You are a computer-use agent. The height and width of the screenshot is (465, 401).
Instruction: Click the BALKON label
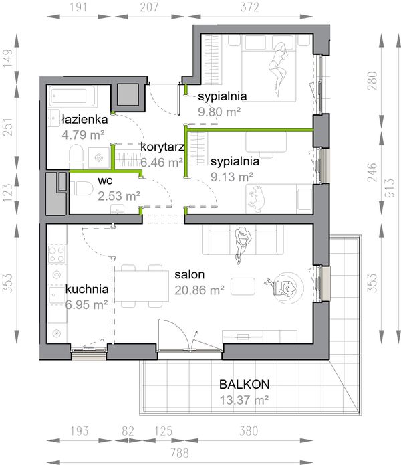245,384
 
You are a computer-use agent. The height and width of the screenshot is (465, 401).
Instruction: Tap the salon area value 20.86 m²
199,290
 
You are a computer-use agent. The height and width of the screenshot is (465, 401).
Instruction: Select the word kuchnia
87,289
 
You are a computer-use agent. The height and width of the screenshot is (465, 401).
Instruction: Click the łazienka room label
85,120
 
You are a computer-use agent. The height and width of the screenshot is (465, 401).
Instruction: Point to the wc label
105,181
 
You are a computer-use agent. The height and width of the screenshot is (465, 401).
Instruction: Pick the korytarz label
162,147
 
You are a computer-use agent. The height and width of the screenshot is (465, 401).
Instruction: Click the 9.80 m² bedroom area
219,112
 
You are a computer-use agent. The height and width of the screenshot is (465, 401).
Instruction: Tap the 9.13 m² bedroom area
232,177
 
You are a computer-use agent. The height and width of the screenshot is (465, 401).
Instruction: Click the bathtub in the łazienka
72,96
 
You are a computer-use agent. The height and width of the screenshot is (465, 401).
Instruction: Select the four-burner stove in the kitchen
57,254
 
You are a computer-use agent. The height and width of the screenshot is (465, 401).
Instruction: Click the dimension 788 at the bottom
180,453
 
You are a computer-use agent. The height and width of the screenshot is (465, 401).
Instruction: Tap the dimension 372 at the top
250,7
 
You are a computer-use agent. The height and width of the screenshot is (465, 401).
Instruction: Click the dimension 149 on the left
8,58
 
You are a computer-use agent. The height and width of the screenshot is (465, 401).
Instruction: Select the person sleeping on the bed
279,70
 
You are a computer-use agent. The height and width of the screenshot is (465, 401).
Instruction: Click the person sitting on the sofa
243,245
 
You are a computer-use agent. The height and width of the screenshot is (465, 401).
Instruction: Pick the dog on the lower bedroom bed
256,199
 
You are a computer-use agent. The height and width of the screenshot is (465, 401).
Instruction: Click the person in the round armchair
283,287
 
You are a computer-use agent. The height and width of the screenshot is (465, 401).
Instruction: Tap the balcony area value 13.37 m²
244,400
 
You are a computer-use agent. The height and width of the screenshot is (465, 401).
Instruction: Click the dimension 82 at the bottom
128,431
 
